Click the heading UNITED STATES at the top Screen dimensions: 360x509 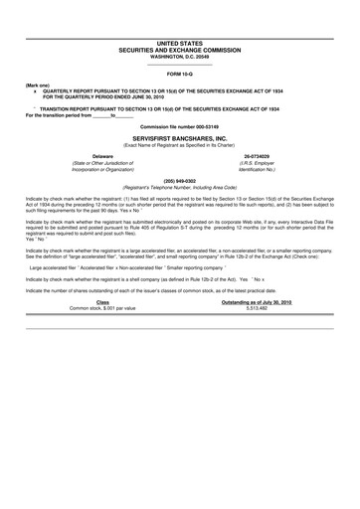(x=180, y=43)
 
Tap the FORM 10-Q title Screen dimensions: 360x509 (x=180, y=75)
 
